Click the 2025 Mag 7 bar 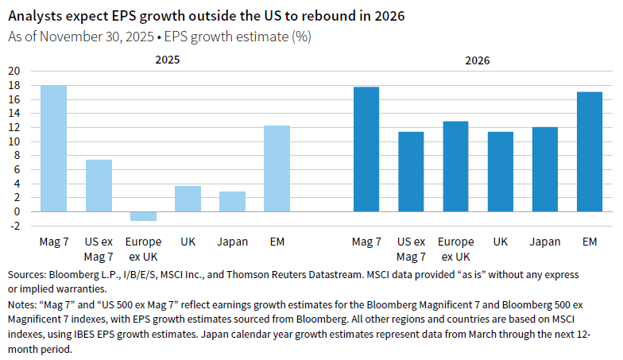(x=54, y=148)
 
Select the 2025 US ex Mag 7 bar (x=99, y=185)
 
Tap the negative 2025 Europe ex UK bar (x=143, y=215)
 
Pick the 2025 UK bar (x=188, y=198)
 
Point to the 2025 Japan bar (x=232, y=201)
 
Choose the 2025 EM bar (x=277, y=168)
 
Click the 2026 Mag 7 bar (x=366, y=149)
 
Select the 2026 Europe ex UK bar (x=455, y=166)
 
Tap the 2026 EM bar (x=590, y=151)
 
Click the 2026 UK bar (x=501, y=171)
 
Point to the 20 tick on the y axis (x=14, y=71)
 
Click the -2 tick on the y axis (x=14, y=226)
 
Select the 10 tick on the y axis (x=14, y=141)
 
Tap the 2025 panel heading (x=165, y=60)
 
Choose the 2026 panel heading (x=478, y=60)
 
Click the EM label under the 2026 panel (x=590, y=242)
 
